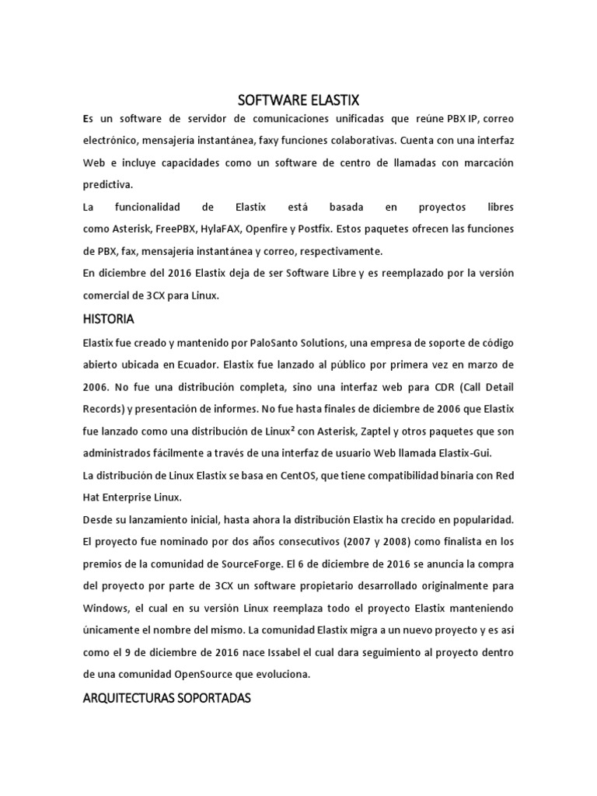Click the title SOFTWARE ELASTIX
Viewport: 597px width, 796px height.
(x=298, y=99)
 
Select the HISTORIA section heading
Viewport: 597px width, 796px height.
(x=108, y=319)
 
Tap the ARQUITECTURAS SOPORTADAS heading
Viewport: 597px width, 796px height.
(x=166, y=676)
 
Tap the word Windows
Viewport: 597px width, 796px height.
(x=106, y=608)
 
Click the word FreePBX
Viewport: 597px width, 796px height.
(x=174, y=229)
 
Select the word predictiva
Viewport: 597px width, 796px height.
(x=108, y=185)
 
